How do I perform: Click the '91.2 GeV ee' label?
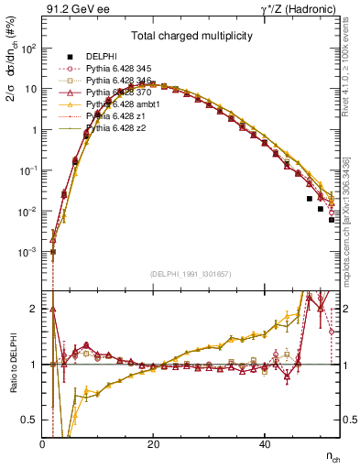pyautogui.click(x=73, y=10)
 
